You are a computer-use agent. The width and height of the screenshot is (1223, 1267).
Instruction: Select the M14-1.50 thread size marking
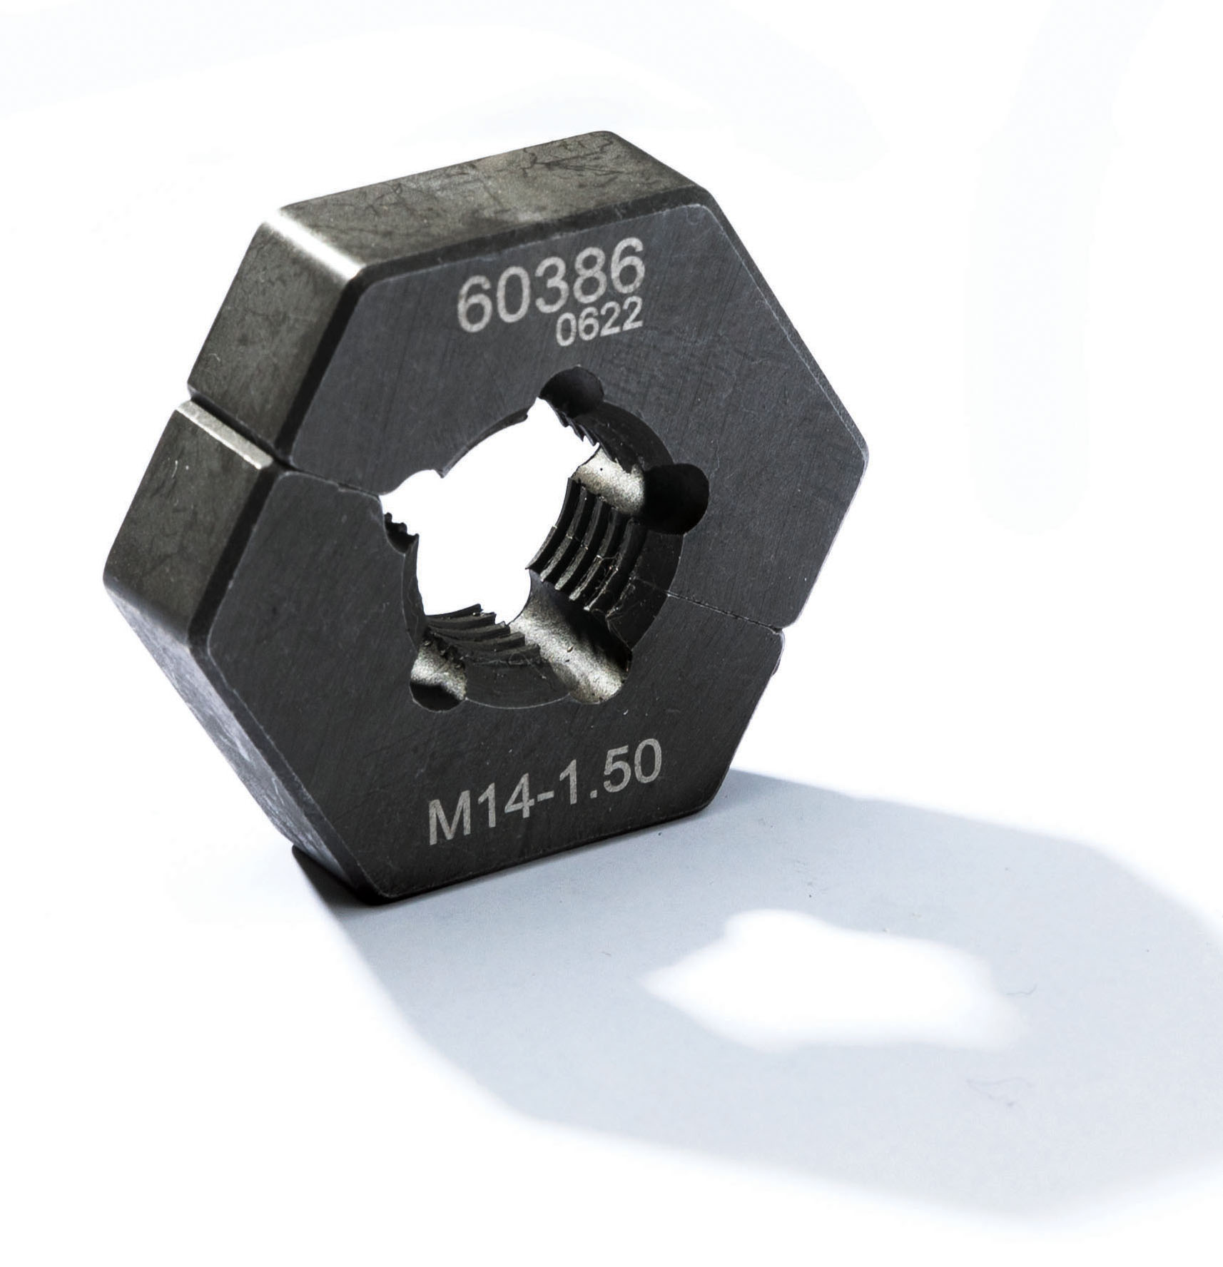pyautogui.click(x=544, y=791)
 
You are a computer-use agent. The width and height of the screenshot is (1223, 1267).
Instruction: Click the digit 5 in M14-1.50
pyautogui.click(x=609, y=778)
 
